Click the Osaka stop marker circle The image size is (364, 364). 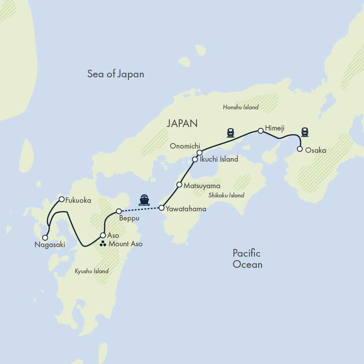(300, 149)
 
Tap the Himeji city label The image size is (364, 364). (274, 128)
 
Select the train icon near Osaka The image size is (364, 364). (305, 132)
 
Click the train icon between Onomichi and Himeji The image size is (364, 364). (231, 133)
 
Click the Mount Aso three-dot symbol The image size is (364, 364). (103, 244)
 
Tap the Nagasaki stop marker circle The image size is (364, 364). (45, 238)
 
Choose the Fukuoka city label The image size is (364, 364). (78, 200)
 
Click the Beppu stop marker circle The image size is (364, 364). (119, 211)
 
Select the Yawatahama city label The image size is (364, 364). (186, 209)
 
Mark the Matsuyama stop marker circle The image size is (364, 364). (179, 185)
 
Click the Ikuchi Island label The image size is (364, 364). (219, 159)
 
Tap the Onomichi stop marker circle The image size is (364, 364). (199, 153)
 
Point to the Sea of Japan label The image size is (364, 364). (115, 74)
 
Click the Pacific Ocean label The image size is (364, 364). (247, 259)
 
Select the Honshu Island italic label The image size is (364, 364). (240, 107)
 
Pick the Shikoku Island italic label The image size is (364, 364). (226, 195)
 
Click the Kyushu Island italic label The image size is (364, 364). (92, 271)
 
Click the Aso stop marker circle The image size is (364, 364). (103, 235)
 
